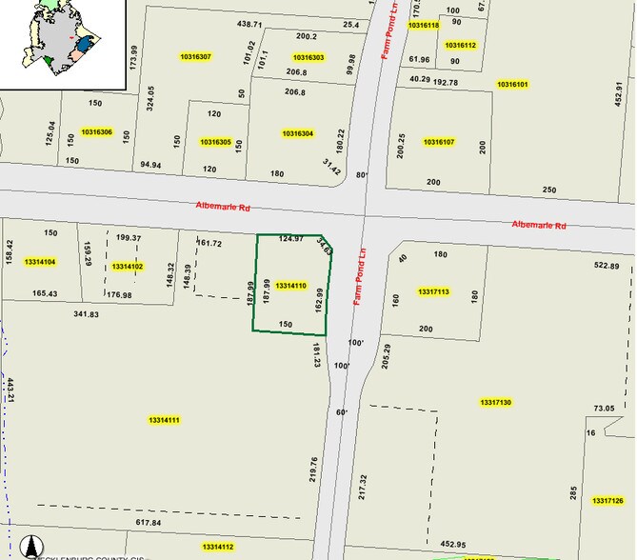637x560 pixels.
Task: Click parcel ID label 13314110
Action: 290,286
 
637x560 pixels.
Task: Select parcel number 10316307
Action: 195,57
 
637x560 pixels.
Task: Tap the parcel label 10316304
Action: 298,133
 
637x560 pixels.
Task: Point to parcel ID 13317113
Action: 433,291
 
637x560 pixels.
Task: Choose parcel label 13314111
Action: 165,420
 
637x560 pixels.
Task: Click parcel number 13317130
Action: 496,403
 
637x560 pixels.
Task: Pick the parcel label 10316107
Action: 439,142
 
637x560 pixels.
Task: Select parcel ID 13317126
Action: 607,501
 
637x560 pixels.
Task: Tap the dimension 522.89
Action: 607,266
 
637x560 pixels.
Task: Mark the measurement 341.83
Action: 87,313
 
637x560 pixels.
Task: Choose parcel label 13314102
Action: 127,267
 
